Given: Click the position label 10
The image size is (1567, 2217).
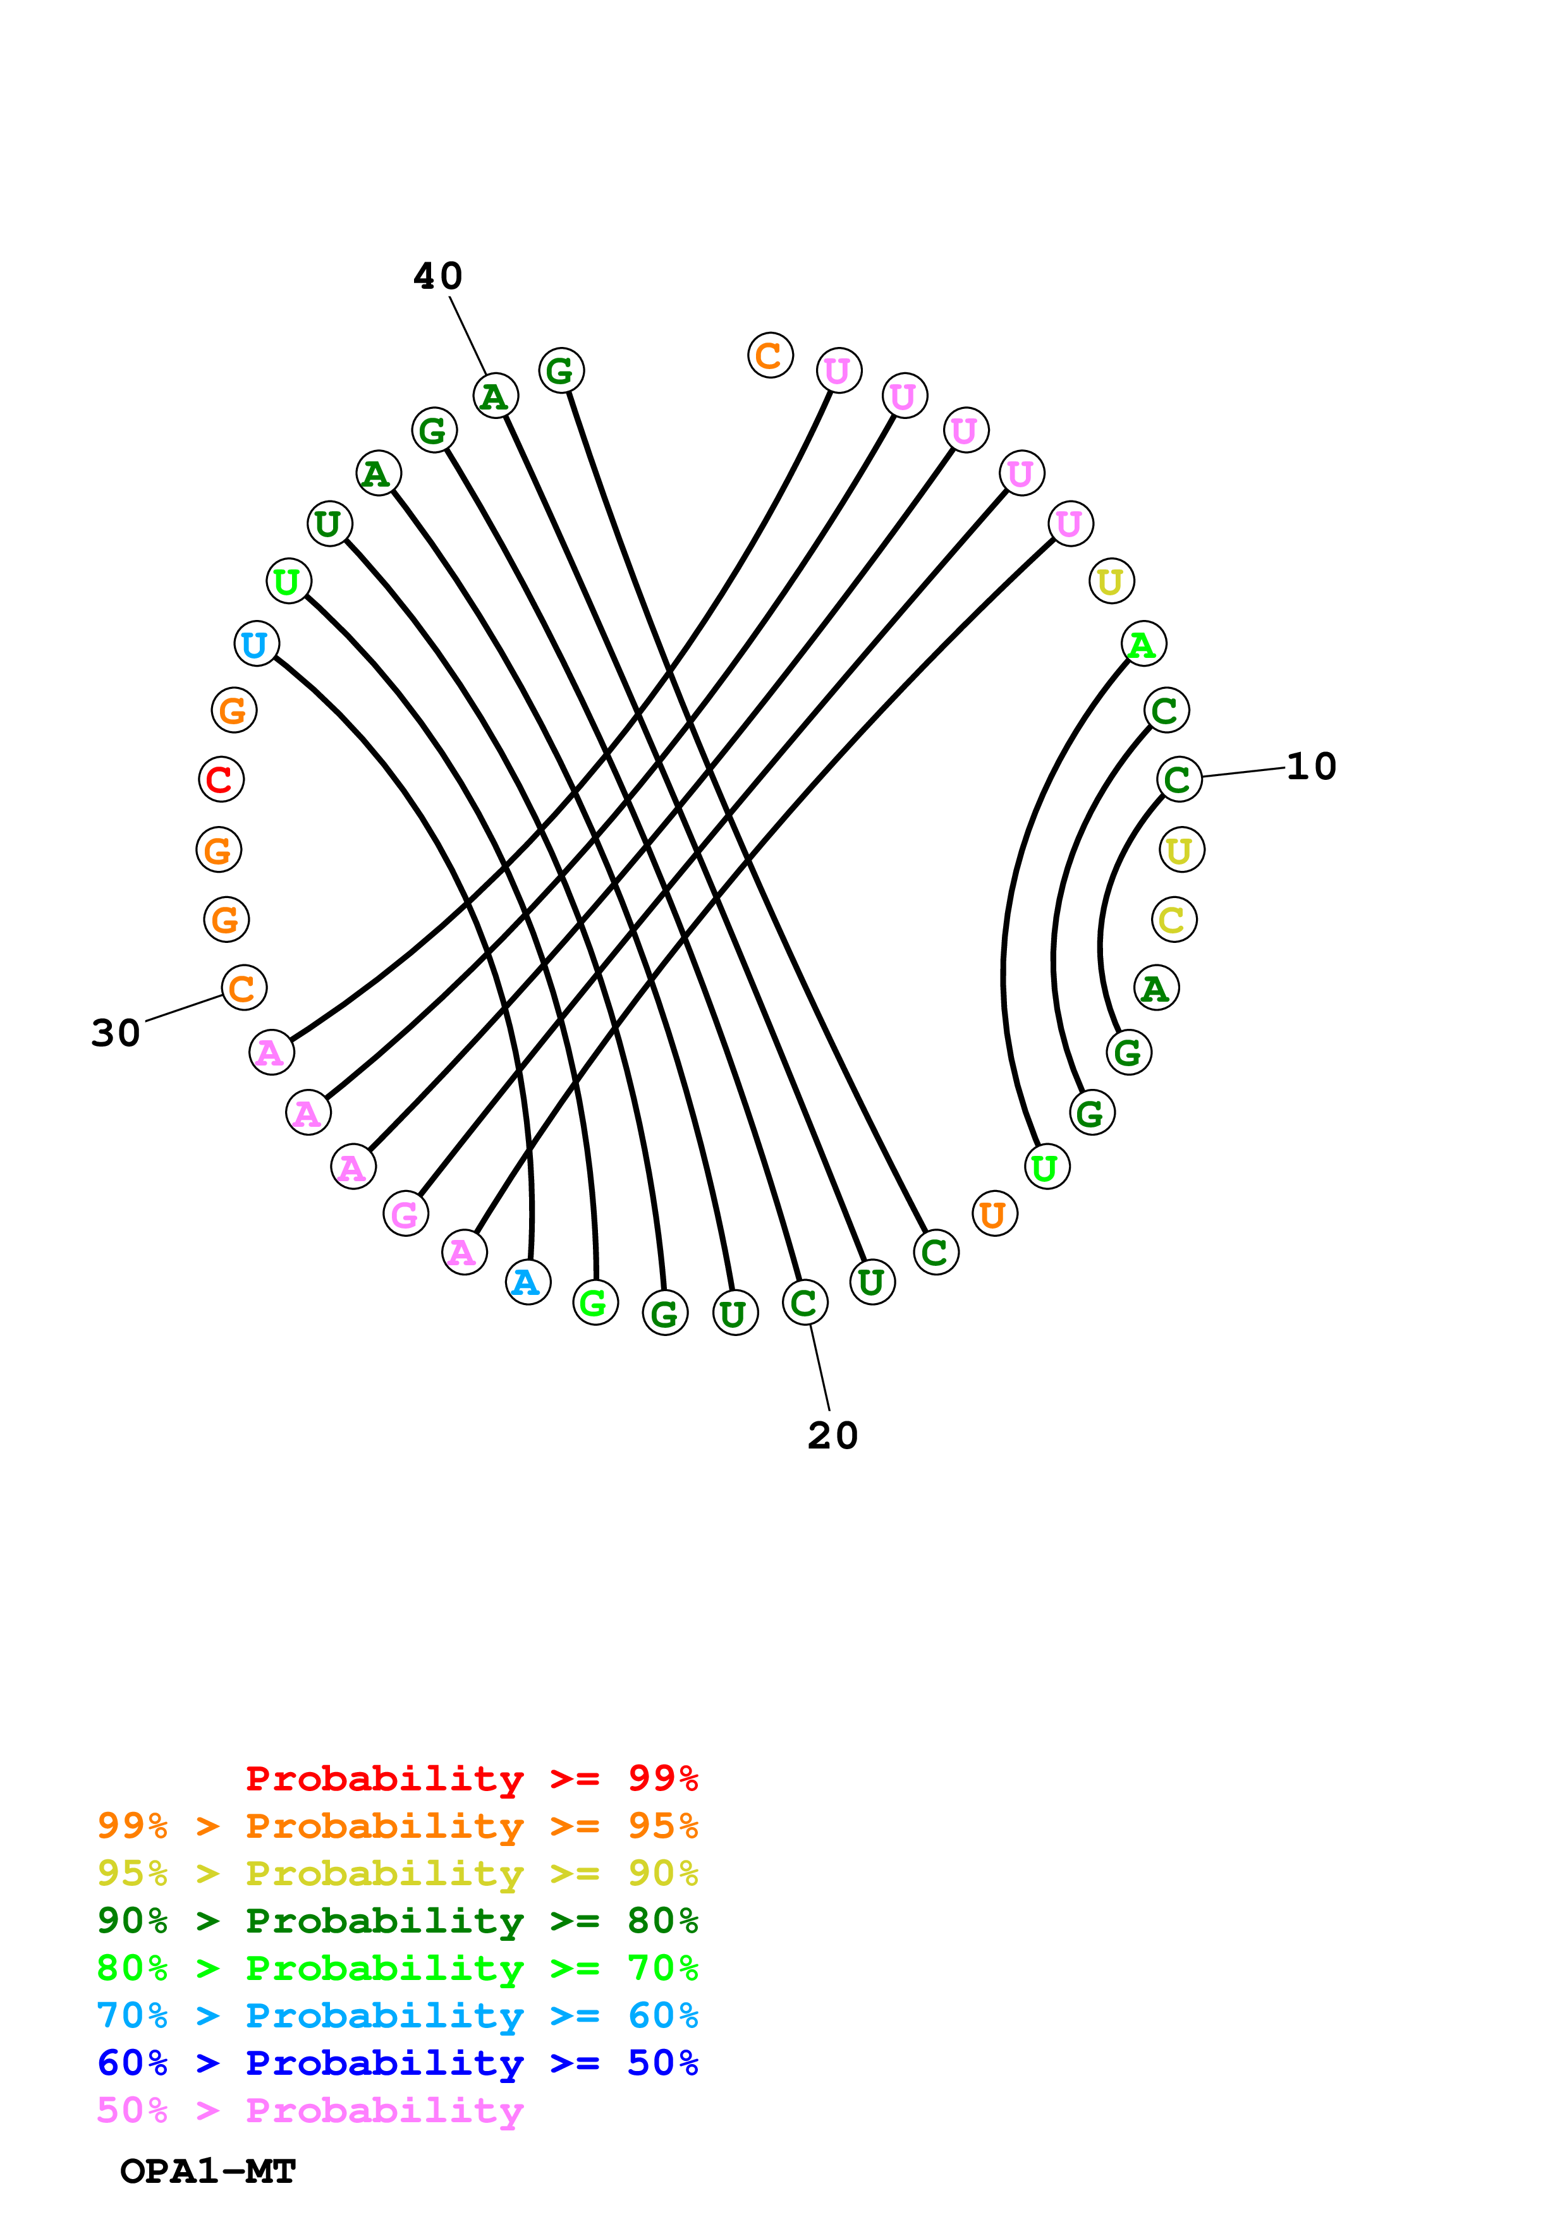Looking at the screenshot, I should [x=1311, y=767].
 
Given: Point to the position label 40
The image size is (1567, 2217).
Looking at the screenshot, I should [x=438, y=276].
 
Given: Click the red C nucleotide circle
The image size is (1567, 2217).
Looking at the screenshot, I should [x=221, y=779].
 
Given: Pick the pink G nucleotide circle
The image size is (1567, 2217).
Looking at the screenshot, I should [x=406, y=1214].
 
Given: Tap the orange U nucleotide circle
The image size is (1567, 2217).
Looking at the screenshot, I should [x=994, y=1214].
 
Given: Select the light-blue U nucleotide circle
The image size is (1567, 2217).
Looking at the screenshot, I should [x=257, y=643].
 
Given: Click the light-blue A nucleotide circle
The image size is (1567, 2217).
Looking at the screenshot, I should [x=528, y=1282].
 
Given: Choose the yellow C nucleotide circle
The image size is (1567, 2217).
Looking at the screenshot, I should [x=1174, y=920].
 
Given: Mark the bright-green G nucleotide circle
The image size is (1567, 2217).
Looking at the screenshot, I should [x=595, y=1303].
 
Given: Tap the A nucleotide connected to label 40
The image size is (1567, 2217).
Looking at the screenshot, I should [x=496, y=396].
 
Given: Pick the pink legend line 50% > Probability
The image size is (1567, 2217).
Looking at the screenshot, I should [x=310, y=2110].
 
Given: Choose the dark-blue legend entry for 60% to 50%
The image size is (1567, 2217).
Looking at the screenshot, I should [x=397, y=2063].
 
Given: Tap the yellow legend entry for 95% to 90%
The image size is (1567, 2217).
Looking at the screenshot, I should [x=397, y=1873].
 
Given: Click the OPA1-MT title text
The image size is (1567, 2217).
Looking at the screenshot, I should [x=207, y=2171].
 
